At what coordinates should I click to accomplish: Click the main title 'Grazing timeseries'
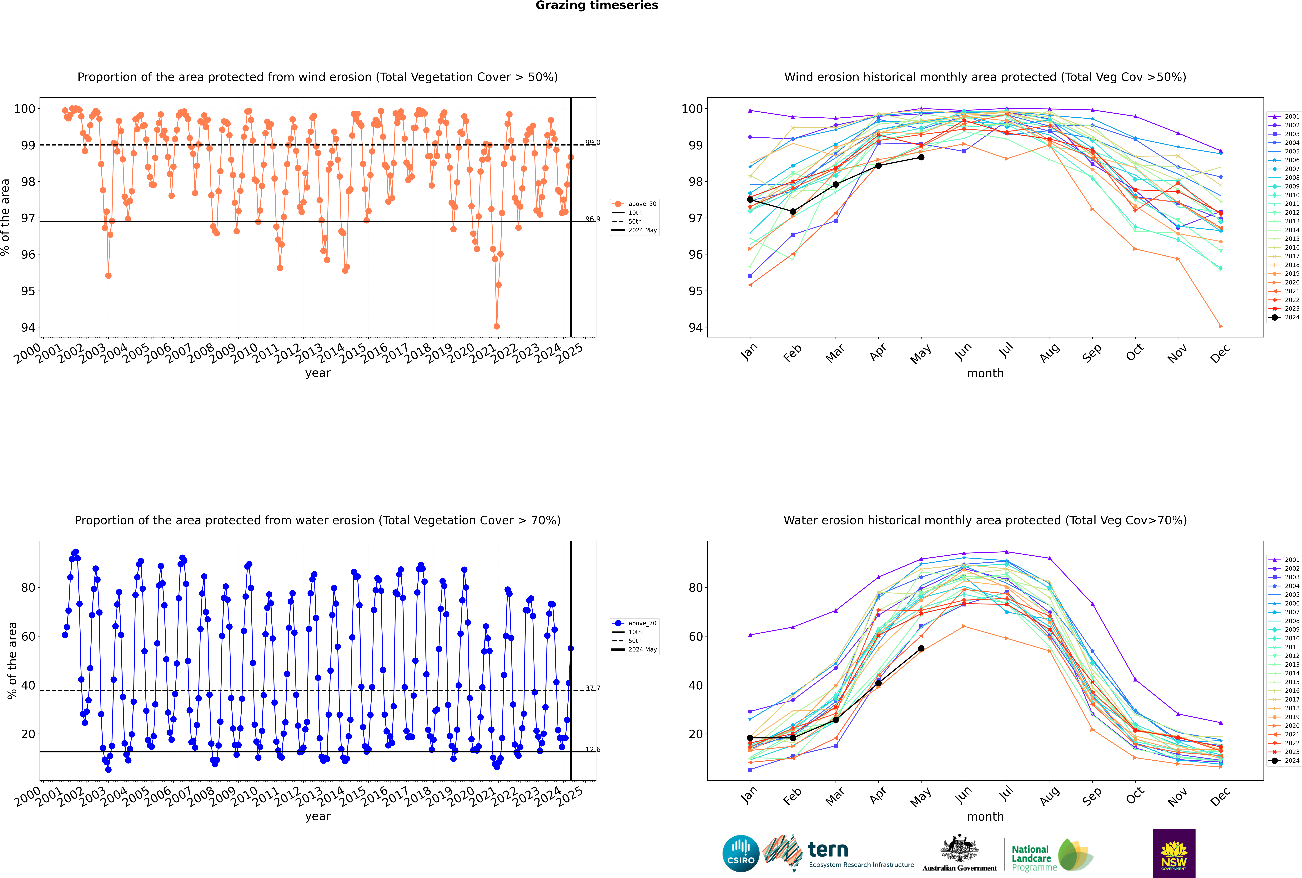597,6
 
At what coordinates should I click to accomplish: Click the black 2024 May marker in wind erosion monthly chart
921,157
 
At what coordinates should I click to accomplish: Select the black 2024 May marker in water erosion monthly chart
921,648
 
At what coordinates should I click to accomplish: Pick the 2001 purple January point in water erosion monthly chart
750,635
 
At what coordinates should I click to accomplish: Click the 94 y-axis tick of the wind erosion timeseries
28,328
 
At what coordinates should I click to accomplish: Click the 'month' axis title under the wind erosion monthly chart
985,374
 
